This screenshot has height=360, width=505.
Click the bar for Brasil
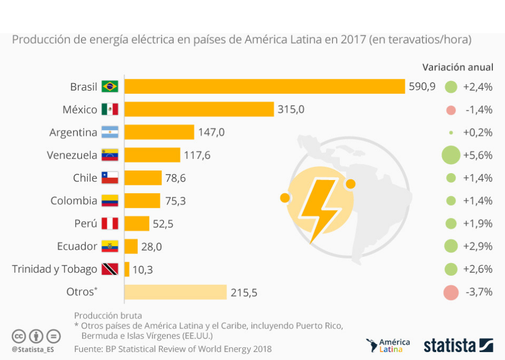(265, 86)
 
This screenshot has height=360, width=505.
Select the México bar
(199, 109)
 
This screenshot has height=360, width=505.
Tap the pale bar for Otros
(175, 292)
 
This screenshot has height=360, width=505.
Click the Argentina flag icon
(110, 132)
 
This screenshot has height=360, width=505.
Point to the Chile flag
(110, 178)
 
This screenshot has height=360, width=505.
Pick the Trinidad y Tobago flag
(110, 269)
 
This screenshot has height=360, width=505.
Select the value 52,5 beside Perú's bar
(163, 224)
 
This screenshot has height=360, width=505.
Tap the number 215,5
(244, 293)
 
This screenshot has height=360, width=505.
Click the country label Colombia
(74, 201)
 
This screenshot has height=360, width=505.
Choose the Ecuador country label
(77, 246)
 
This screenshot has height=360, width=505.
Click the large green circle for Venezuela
(451, 155)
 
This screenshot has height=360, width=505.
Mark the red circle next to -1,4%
(450, 110)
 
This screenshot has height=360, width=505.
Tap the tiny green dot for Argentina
(451, 133)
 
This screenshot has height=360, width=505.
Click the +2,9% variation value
(478, 246)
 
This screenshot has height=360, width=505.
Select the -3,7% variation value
(478, 293)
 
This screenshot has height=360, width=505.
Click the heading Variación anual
(458, 67)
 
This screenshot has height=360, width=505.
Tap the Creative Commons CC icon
(19, 335)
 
